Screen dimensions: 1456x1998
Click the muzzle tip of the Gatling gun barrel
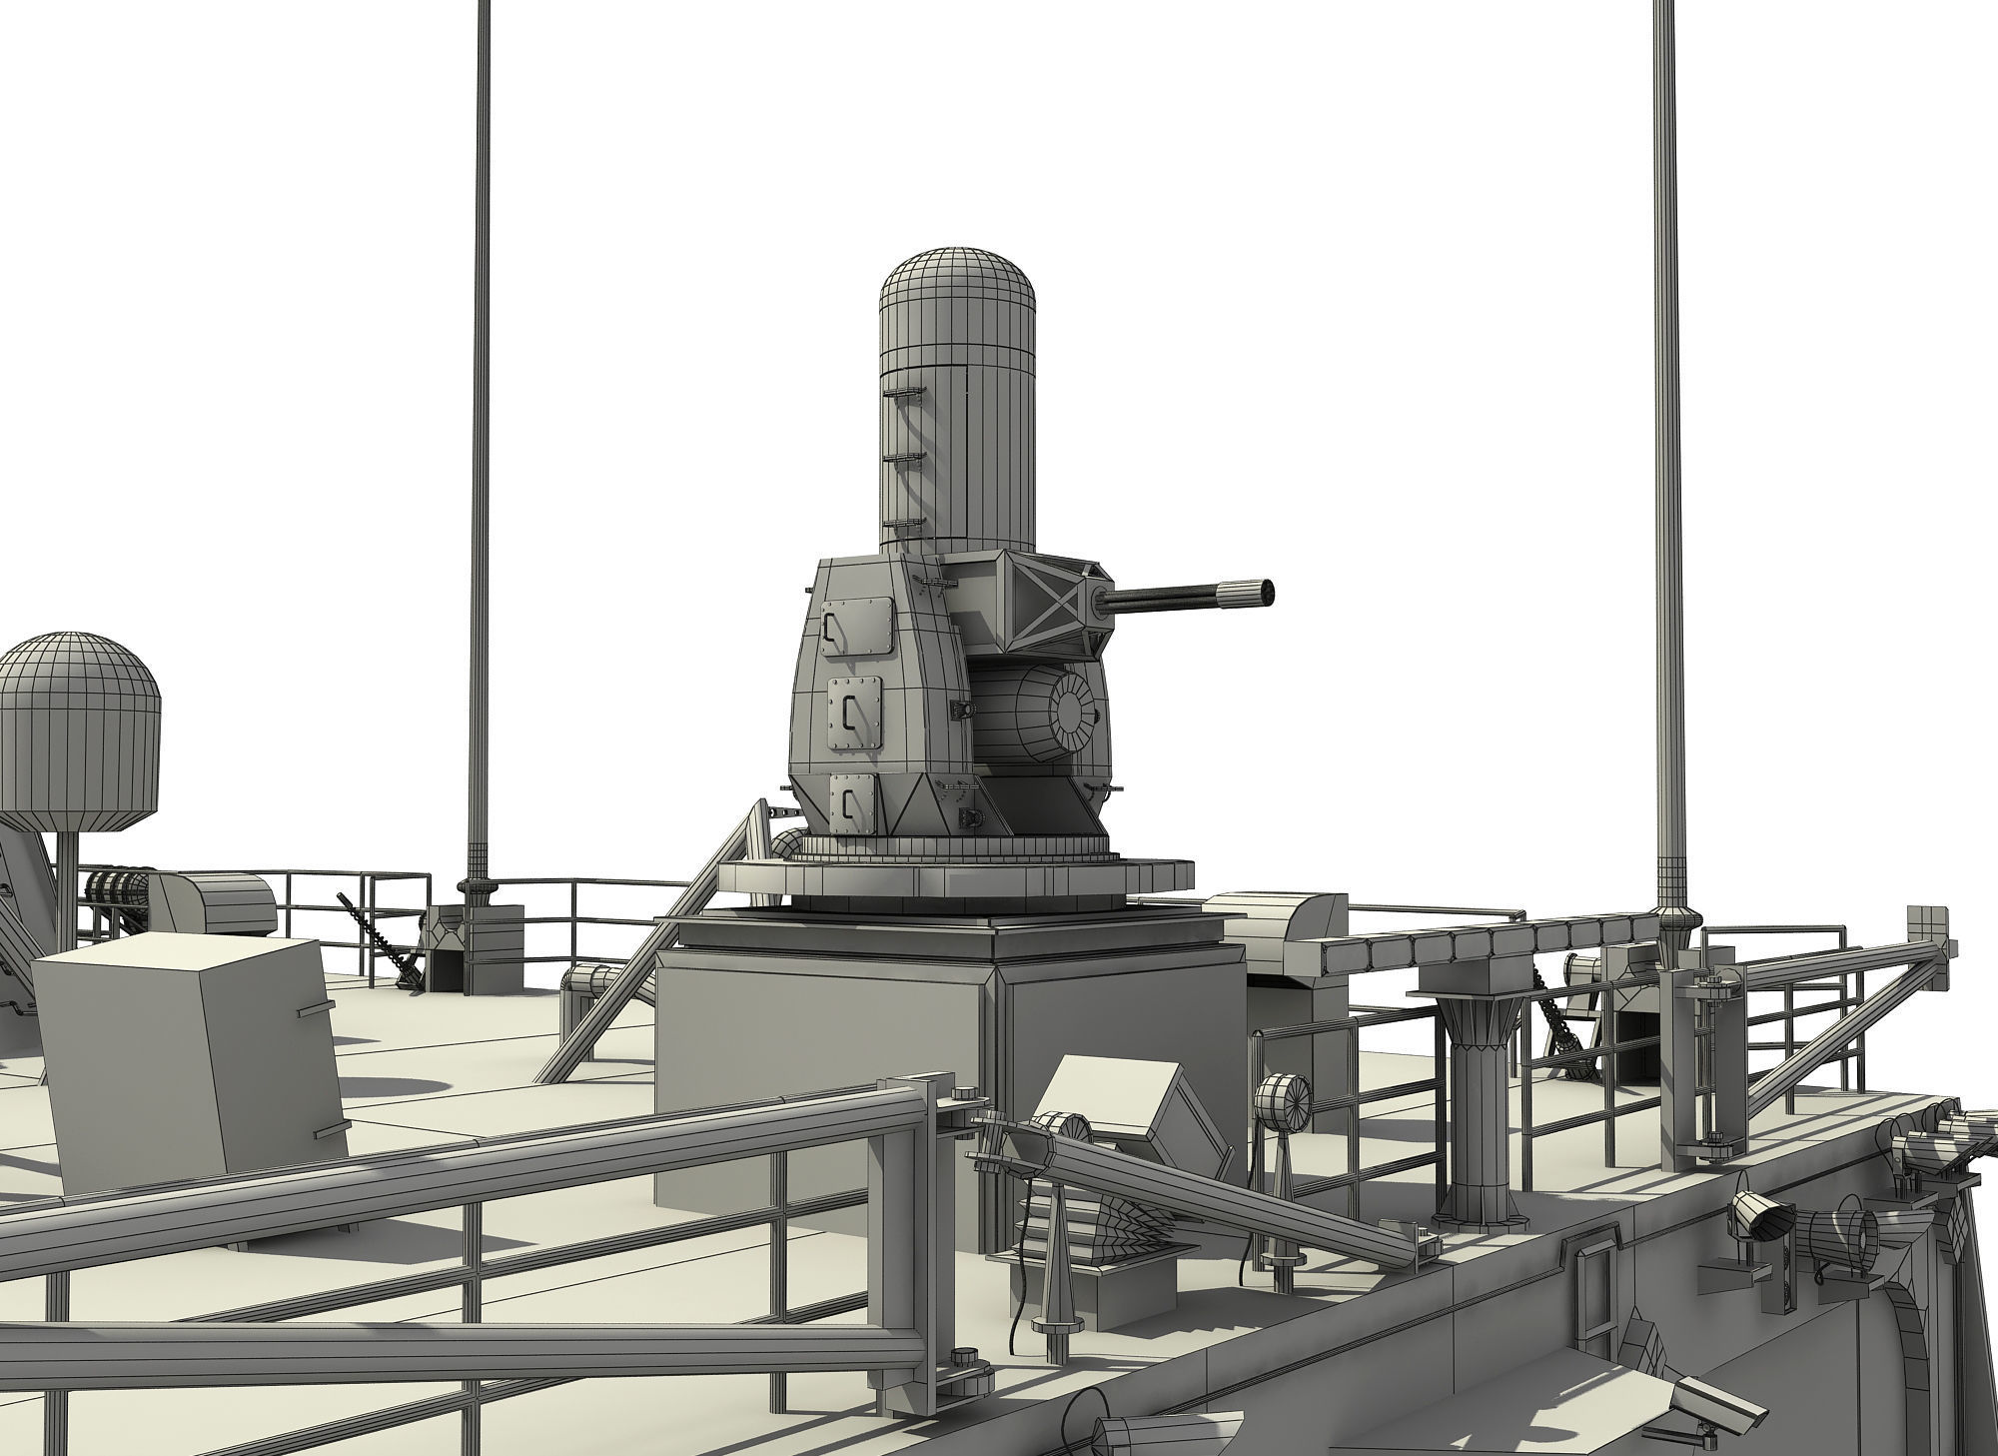(x=1267, y=592)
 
